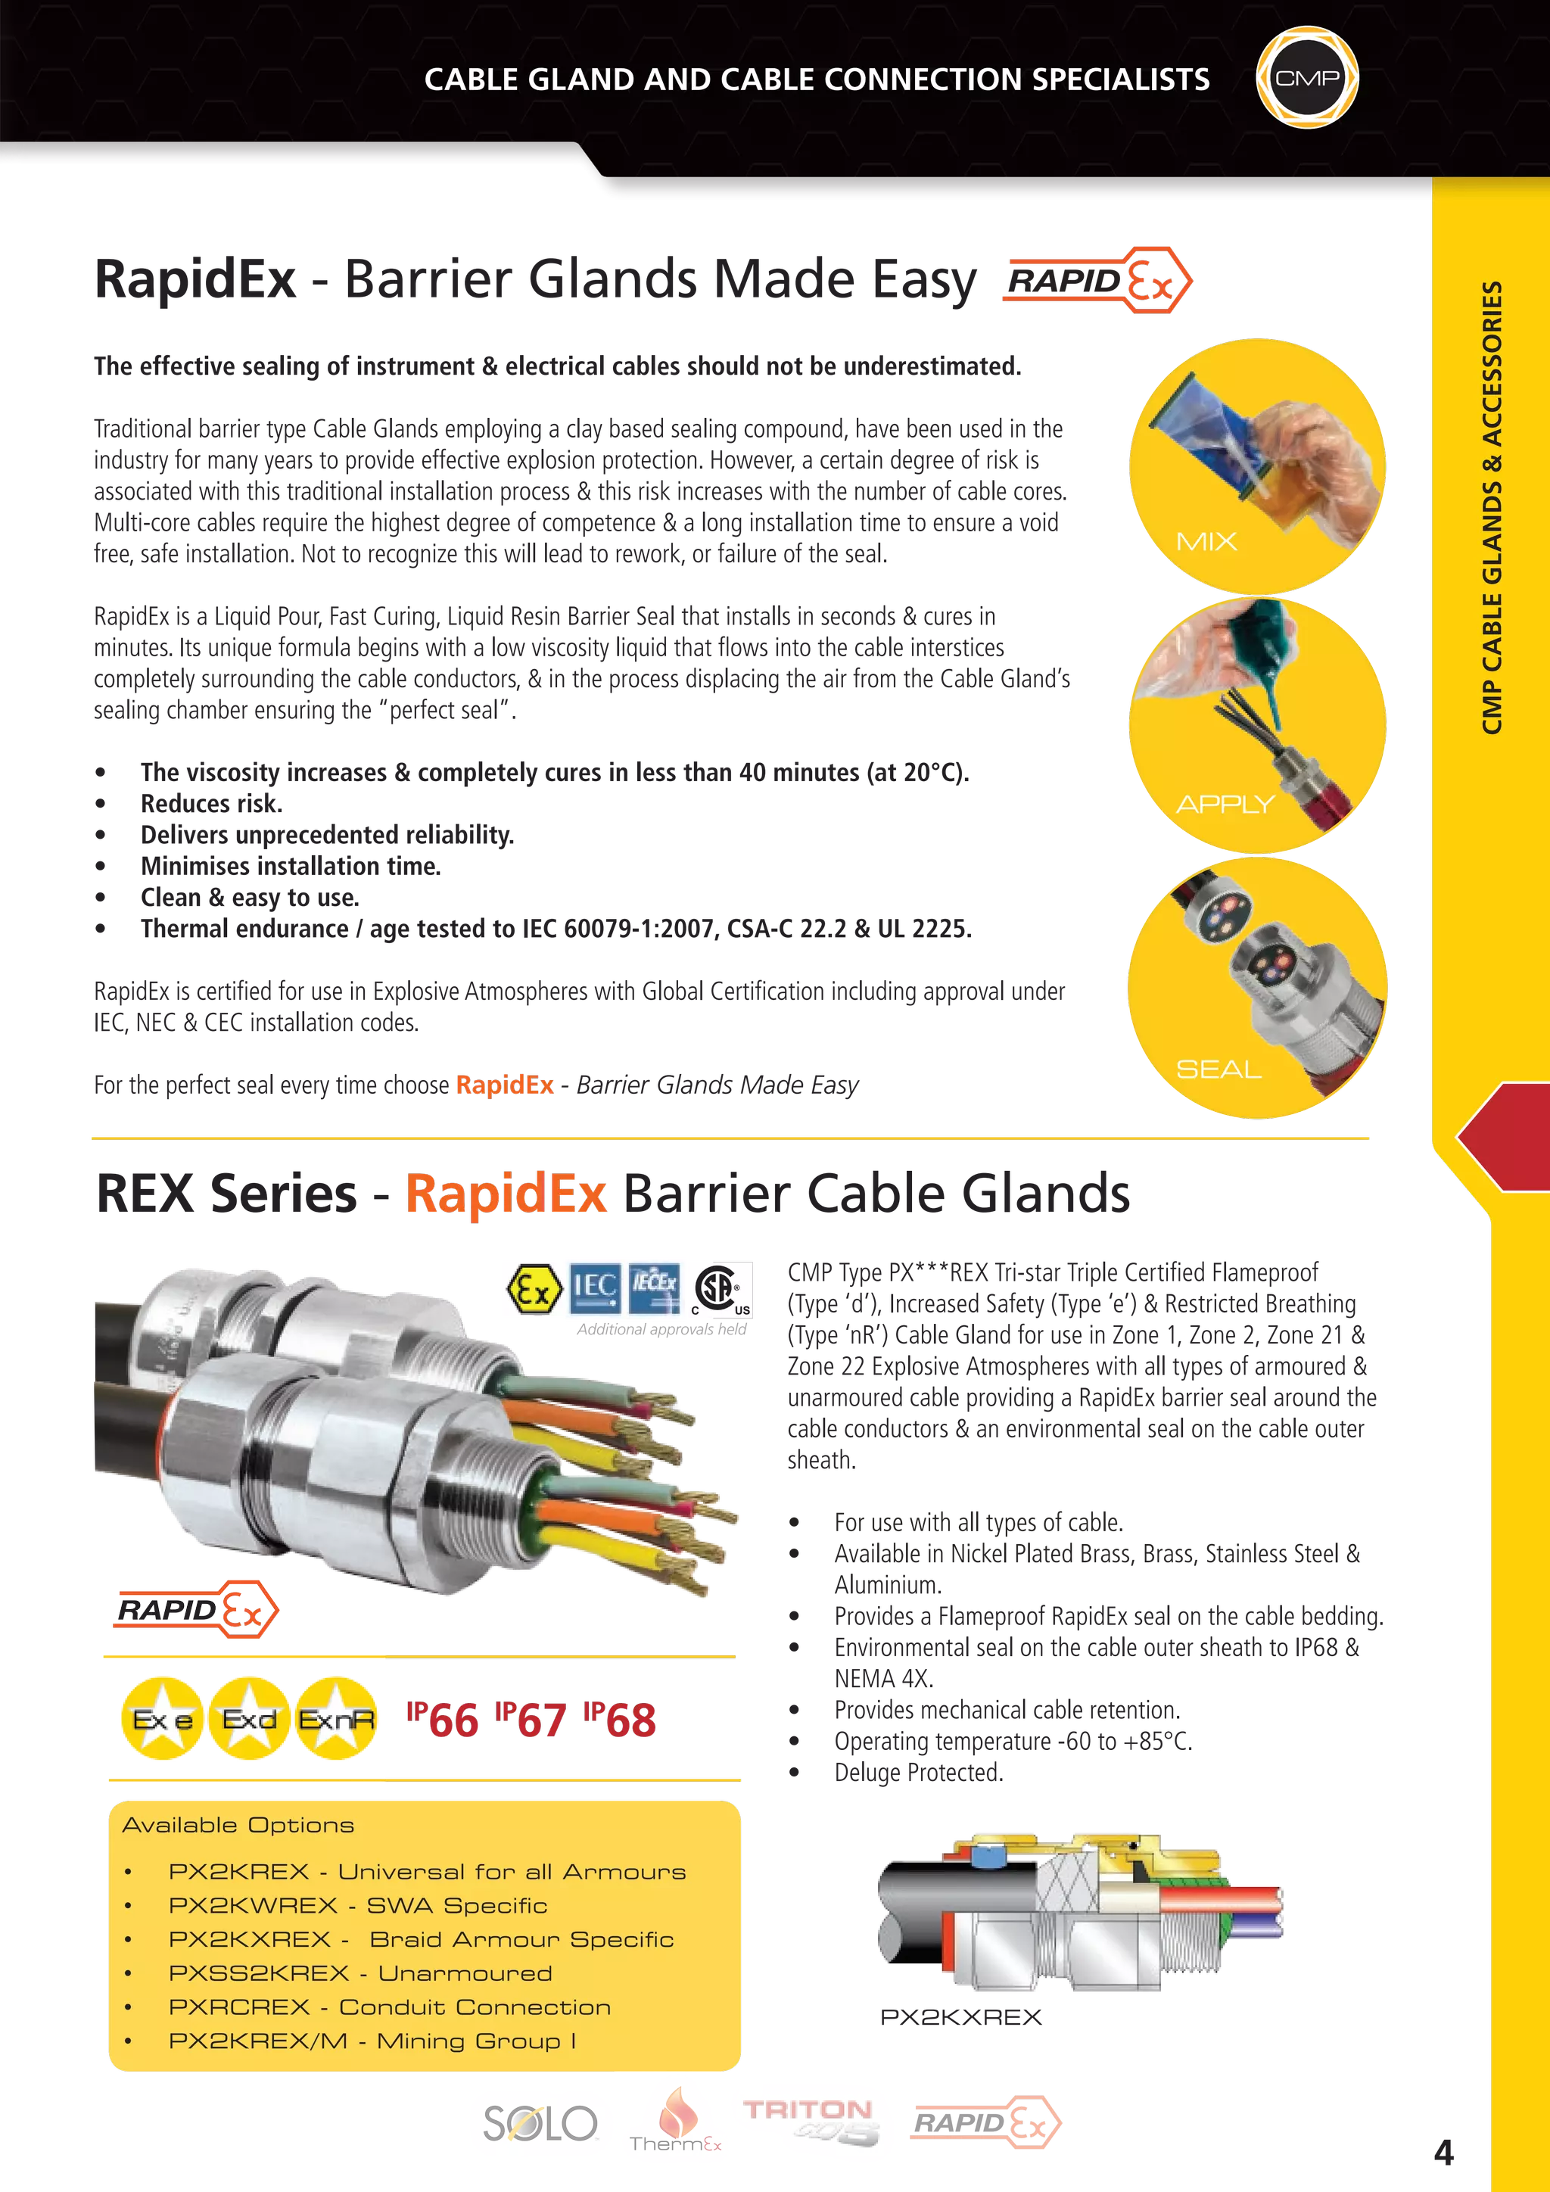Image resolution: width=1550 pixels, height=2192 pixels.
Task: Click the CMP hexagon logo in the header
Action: click(1306, 77)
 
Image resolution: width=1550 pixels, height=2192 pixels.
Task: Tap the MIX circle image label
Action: click(1206, 541)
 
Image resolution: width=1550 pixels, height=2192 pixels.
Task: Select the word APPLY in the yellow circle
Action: click(1225, 804)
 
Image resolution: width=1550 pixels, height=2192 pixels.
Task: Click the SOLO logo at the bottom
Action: click(540, 2123)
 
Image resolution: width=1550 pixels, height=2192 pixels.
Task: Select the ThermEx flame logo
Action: click(675, 2119)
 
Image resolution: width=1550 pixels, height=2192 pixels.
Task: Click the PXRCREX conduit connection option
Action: click(390, 2007)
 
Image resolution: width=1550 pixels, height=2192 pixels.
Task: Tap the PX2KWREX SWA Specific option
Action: click(358, 1906)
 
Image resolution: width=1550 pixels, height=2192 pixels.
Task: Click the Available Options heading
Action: click(238, 1824)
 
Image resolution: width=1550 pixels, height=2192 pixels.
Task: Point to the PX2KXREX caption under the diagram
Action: click(960, 2017)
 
